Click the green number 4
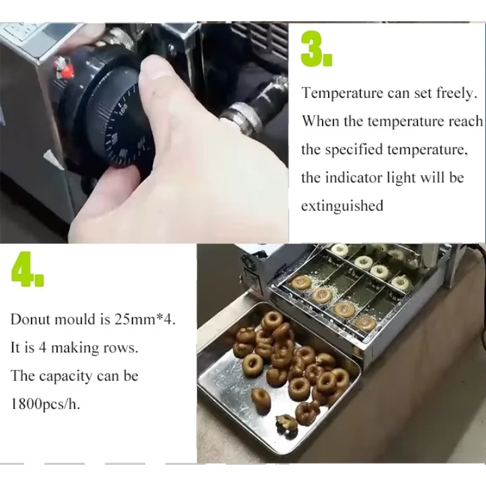pyautogui.click(x=27, y=269)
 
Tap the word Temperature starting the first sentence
pyautogui.click(x=343, y=93)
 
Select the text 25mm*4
pyautogui.click(x=145, y=320)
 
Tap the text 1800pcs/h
pyautogui.click(x=45, y=404)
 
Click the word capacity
pyautogui.click(x=66, y=376)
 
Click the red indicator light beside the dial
pyautogui.click(x=66, y=68)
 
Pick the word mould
pyautogui.click(x=74, y=320)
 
